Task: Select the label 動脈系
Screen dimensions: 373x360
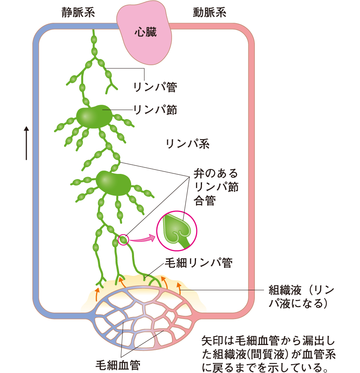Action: tap(209, 13)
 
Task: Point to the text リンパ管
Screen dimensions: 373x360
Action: tap(155, 87)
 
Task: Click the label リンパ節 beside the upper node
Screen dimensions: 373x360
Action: tap(155, 109)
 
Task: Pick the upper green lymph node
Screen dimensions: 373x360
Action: tap(94, 117)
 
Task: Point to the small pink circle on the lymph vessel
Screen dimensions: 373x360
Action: tap(124, 239)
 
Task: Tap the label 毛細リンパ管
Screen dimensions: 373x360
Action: tap(198, 262)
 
